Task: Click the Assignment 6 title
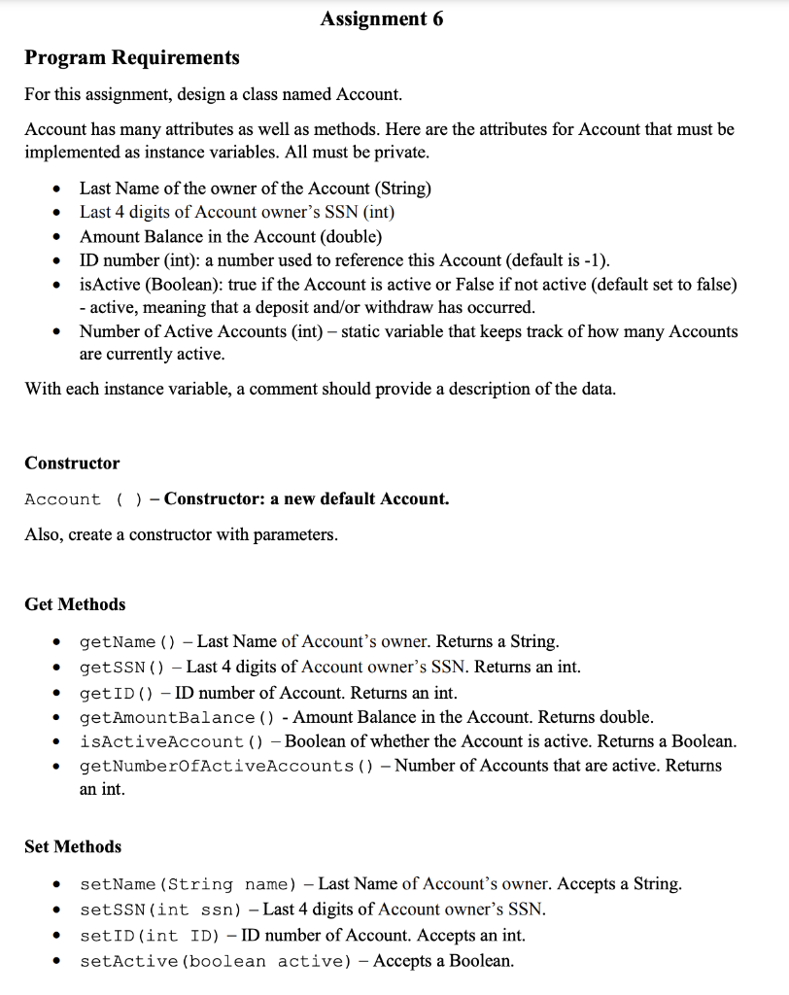(x=381, y=18)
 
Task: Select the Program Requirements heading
(x=131, y=57)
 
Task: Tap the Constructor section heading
(x=72, y=463)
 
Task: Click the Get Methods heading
(x=75, y=603)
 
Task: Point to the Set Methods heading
(x=73, y=846)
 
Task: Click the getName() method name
(x=127, y=642)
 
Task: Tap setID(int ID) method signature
(x=155, y=936)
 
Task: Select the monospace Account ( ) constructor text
(x=86, y=499)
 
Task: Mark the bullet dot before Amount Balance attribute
(x=59, y=237)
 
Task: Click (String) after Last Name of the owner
(x=403, y=189)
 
